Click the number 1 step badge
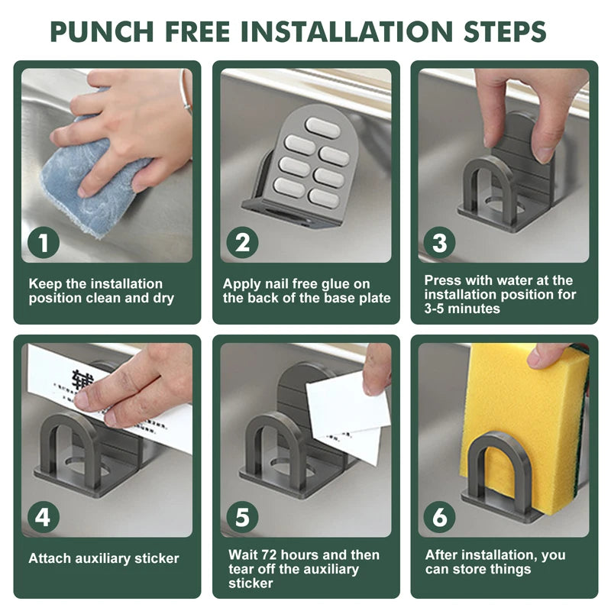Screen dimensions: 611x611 [x=44, y=242]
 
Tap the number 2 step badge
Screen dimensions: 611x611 [x=242, y=242]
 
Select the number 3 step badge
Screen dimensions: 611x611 [x=440, y=242]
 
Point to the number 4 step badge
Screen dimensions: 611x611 [x=44, y=517]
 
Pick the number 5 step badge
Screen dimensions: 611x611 [x=242, y=517]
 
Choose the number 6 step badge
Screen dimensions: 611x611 [x=440, y=517]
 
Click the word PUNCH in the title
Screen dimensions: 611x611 [x=102, y=31]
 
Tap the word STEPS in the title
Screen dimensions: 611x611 [x=505, y=31]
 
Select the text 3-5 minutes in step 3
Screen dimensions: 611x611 [x=462, y=309]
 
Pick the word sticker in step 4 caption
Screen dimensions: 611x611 [x=157, y=558]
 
